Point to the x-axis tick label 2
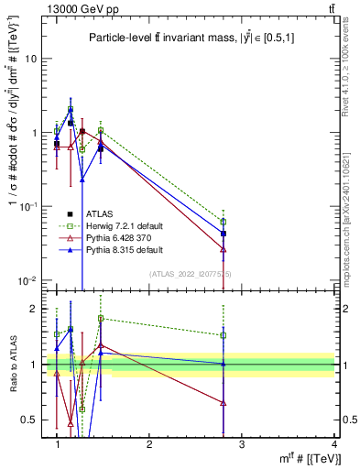click(149, 444)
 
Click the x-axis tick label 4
click(334, 444)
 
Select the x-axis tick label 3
click(242, 444)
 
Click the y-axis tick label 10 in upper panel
click(30, 59)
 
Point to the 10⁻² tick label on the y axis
click(27, 280)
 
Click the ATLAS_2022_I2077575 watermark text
click(191, 274)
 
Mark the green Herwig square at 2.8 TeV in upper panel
click(224, 222)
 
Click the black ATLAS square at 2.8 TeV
click(224, 234)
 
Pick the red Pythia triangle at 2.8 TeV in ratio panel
click(224, 403)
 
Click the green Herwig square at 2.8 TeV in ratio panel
click(224, 335)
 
